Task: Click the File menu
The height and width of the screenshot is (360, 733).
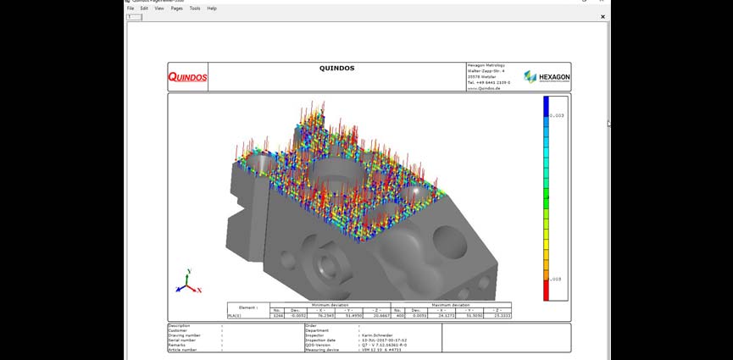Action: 131,8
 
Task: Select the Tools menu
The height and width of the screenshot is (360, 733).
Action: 195,8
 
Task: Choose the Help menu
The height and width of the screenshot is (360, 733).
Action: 212,8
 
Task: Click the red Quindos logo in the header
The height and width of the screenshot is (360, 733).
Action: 187,77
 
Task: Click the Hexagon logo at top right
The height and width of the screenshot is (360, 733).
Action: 547,76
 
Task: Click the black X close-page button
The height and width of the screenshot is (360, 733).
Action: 603,16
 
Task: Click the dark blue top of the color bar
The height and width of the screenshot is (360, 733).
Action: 548,102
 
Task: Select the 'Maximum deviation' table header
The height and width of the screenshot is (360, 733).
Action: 451,304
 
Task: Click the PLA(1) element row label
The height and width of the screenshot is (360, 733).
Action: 247,315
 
